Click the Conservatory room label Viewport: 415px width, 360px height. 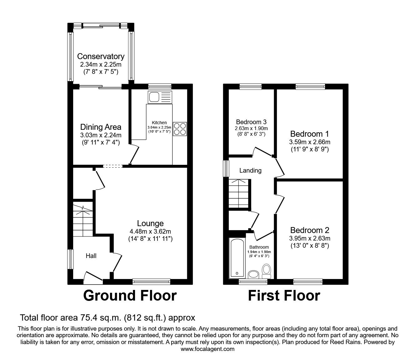click(x=101, y=56)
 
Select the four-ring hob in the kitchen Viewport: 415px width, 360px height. click(x=180, y=129)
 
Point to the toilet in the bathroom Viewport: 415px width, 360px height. click(x=267, y=271)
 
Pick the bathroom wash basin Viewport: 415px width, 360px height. click(x=253, y=275)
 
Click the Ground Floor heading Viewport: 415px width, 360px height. click(x=130, y=296)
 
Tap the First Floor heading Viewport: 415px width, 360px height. click(x=284, y=296)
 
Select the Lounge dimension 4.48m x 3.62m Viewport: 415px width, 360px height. click(x=150, y=231)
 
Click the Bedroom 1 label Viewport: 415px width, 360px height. click(x=309, y=134)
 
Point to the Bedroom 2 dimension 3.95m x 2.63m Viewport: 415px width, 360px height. click(x=309, y=238)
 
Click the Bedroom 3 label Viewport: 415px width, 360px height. click(x=251, y=122)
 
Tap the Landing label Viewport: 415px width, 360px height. click(x=250, y=170)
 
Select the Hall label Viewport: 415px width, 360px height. click(x=91, y=256)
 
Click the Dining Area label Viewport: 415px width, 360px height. click(x=101, y=127)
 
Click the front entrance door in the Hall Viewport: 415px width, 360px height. click(x=93, y=277)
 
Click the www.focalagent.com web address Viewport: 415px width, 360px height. click(x=207, y=349)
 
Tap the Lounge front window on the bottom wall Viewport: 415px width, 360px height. click(x=151, y=281)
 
